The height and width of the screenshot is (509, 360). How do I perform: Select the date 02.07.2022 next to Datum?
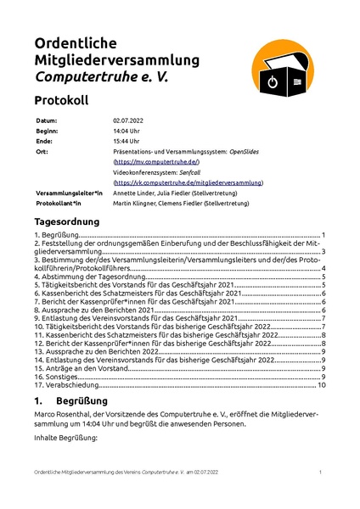(128, 121)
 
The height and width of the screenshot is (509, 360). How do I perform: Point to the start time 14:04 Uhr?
(126, 131)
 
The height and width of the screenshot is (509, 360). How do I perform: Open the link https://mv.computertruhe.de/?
(156, 161)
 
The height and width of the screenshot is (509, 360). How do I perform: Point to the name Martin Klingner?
(135, 204)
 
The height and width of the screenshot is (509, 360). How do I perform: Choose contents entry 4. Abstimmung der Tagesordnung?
(84, 277)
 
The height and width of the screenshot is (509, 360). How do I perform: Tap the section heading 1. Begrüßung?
(70, 400)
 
